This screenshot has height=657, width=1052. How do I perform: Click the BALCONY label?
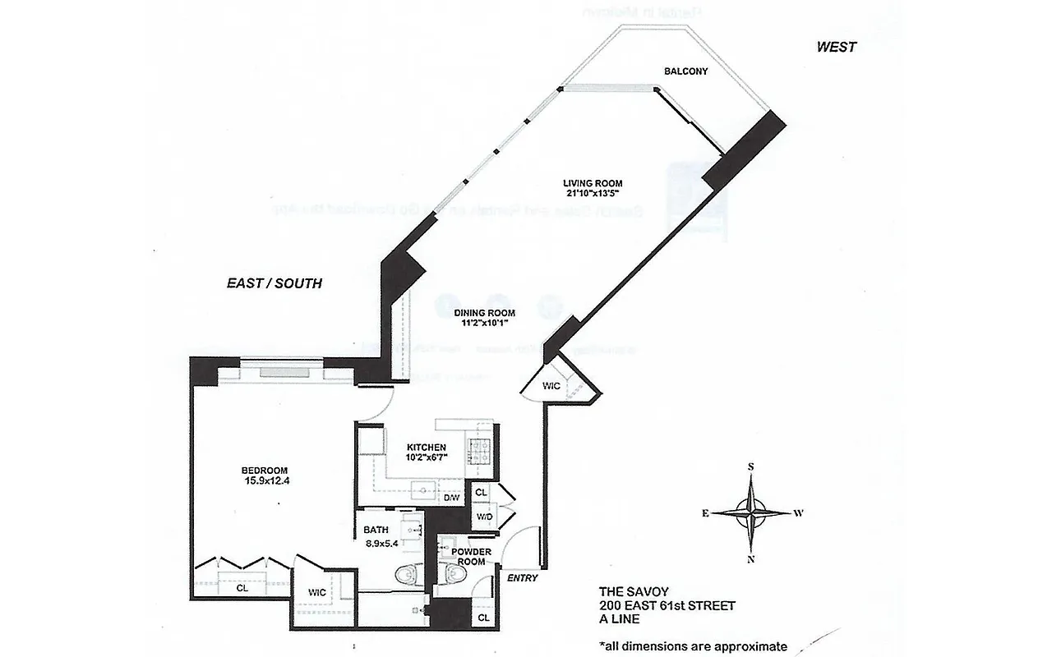pyautogui.click(x=685, y=71)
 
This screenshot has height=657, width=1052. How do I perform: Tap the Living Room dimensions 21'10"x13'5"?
pyautogui.click(x=592, y=195)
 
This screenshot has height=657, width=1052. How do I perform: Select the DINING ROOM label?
pyautogui.click(x=484, y=313)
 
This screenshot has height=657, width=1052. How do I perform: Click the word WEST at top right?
pyautogui.click(x=836, y=48)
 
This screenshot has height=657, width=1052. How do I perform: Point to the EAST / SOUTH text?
pyautogui.click(x=274, y=284)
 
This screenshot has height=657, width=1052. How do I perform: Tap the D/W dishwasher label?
pyautogui.click(x=452, y=497)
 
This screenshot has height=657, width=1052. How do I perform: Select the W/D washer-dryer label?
pyautogui.click(x=484, y=517)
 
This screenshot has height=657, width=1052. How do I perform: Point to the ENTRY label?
pyautogui.click(x=522, y=578)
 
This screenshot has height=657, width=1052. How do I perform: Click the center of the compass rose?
pyautogui.click(x=751, y=512)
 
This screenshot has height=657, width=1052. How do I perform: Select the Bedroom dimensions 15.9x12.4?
pyautogui.click(x=265, y=480)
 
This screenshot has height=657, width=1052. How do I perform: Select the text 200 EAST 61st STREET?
pyautogui.click(x=667, y=606)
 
